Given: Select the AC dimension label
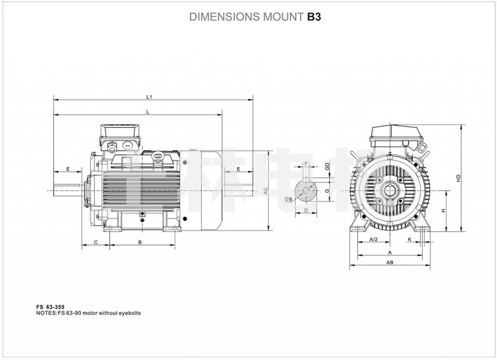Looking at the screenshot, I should (265, 191).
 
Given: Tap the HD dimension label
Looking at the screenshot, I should (458, 178).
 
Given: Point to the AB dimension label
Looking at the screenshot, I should (389, 262).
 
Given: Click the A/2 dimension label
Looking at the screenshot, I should (373, 240).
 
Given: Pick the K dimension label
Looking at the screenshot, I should (410, 240).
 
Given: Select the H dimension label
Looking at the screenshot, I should (443, 211).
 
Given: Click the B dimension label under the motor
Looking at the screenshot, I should (140, 242).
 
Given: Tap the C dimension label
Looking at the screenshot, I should (96, 242).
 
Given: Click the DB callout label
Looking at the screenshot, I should (288, 199).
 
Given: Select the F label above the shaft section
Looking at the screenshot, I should (306, 164).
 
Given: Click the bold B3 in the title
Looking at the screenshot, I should (314, 17).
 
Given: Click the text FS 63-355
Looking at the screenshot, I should (50, 307).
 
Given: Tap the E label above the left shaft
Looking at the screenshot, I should (68, 169).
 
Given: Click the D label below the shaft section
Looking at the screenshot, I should (306, 210).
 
